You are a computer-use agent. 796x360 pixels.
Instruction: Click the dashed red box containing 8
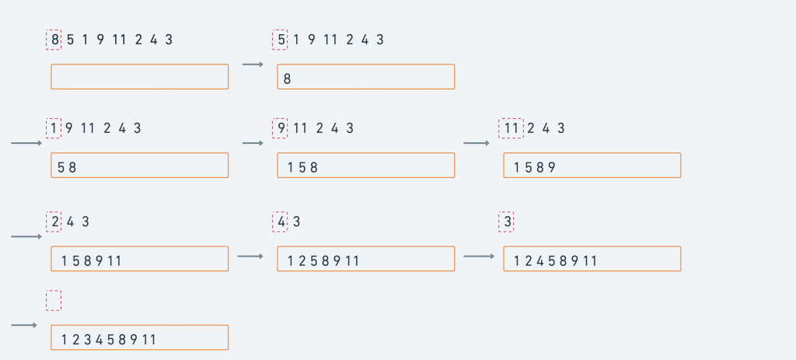pos(54,40)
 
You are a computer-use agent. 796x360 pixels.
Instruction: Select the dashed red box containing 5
pos(280,40)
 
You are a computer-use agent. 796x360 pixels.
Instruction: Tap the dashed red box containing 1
pos(54,128)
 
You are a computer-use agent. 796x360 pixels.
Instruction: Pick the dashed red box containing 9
pos(280,128)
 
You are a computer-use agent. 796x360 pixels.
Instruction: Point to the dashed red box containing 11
pos(511,128)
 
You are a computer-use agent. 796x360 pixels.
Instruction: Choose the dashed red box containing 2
pos(54,222)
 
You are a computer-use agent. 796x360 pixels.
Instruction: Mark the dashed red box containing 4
pos(280,222)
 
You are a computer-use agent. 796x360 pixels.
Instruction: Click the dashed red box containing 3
pos(506,222)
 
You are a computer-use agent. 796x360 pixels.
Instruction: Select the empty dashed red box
pos(54,300)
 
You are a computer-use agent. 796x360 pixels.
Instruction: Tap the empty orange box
pos(140,76)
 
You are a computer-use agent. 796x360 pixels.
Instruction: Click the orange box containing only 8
pos(365,76)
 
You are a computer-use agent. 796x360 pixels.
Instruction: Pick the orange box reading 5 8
pos(140,165)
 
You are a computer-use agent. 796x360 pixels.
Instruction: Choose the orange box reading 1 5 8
pos(365,165)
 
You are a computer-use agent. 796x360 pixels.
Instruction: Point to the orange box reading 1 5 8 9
pos(592,165)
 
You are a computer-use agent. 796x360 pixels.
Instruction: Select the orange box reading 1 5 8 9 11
pos(140,259)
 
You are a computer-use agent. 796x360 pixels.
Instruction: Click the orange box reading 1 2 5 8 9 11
pos(365,259)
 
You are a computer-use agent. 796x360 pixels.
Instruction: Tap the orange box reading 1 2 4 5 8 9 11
pos(592,259)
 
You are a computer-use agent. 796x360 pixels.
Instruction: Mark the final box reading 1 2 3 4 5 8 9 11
pos(140,337)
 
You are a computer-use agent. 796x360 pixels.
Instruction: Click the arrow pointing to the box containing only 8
pos(253,65)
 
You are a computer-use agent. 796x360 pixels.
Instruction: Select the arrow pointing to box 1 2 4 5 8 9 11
pos(479,256)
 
